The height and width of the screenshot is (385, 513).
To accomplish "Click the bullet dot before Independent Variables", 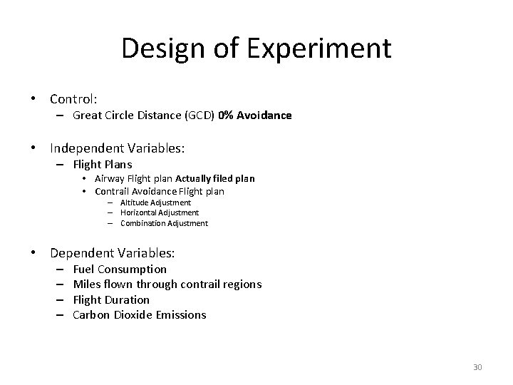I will (x=33, y=149).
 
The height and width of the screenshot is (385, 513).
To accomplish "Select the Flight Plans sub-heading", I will (x=103, y=165).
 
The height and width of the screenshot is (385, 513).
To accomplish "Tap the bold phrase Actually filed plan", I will (x=215, y=178).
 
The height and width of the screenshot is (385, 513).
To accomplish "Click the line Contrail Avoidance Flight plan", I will (x=159, y=191).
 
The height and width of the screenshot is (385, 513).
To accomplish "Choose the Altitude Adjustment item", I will (x=155, y=202).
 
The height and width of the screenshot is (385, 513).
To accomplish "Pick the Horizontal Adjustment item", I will (x=160, y=212).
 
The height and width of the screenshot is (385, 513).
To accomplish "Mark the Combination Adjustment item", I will (x=164, y=223).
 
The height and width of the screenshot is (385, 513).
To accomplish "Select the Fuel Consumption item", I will (x=120, y=269).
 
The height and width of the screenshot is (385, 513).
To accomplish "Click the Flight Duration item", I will (x=111, y=299).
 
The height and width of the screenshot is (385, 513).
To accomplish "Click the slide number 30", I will (x=477, y=367).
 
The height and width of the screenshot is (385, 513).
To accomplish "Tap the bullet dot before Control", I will (x=33, y=99).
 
